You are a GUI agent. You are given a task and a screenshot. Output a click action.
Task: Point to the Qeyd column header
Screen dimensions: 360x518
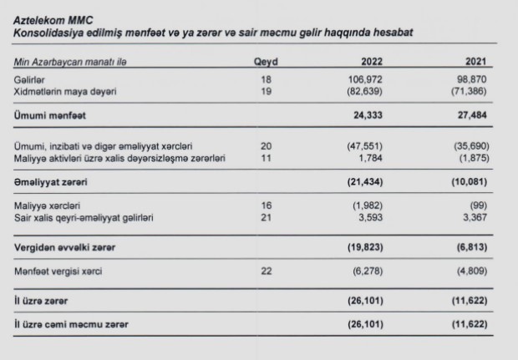tap(266, 62)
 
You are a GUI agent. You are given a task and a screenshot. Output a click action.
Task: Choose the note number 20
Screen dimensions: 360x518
tap(266, 145)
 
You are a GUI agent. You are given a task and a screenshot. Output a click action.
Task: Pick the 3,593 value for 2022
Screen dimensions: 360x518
tap(375, 218)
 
